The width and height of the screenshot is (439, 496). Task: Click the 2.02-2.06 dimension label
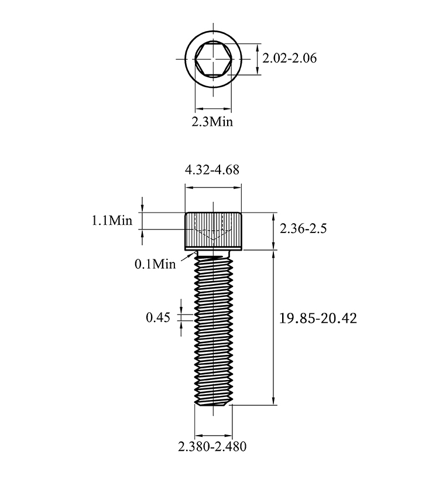[289, 58]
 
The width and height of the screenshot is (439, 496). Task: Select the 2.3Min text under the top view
[212, 121]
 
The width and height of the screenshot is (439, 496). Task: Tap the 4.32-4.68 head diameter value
[212, 170]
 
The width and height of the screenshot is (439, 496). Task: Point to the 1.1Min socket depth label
[112, 220]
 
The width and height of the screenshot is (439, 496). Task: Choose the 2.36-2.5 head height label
[303, 228]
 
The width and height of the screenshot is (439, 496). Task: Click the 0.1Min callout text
[155, 264]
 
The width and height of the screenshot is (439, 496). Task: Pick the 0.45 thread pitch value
[158, 317]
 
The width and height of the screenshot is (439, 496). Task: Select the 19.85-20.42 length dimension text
[318, 318]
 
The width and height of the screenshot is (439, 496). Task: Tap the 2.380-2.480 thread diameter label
[212, 447]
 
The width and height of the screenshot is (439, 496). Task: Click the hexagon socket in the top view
[214, 59]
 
